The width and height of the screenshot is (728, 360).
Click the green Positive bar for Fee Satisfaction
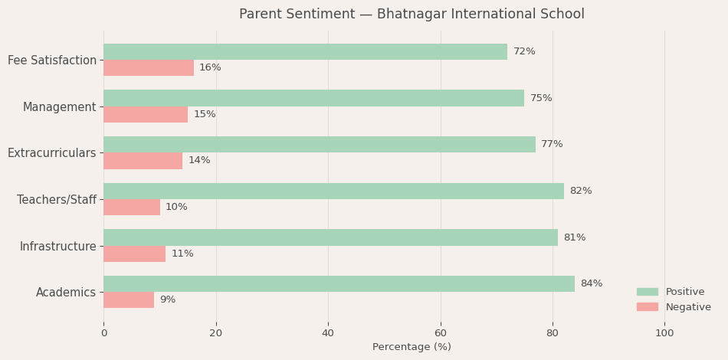[305, 51]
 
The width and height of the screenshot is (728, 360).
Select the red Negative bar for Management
[146, 114]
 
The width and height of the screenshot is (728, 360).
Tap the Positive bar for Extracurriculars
[320, 144]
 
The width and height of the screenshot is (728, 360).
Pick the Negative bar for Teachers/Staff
[132, 207]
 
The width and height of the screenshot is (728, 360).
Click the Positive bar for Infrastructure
[330, 237]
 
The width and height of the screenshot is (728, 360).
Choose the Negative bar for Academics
[129, 299]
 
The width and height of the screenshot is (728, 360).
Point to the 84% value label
[591, 283]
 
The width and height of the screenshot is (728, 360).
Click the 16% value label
[210, 67]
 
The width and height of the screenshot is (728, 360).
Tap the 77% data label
[552, 144]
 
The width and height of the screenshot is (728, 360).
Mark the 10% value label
[176, 207]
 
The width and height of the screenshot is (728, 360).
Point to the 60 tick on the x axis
[441, 333]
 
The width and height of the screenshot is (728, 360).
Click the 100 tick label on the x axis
[664, 333]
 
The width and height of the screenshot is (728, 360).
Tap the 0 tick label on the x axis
[104, 333]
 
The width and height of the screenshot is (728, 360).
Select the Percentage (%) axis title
[412, 347]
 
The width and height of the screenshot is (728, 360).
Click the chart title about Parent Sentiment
[412, 15]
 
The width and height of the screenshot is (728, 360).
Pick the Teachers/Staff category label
[57, 199]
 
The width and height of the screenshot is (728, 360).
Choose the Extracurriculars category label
[52, 153]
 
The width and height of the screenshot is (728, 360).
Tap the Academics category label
[66, 292]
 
